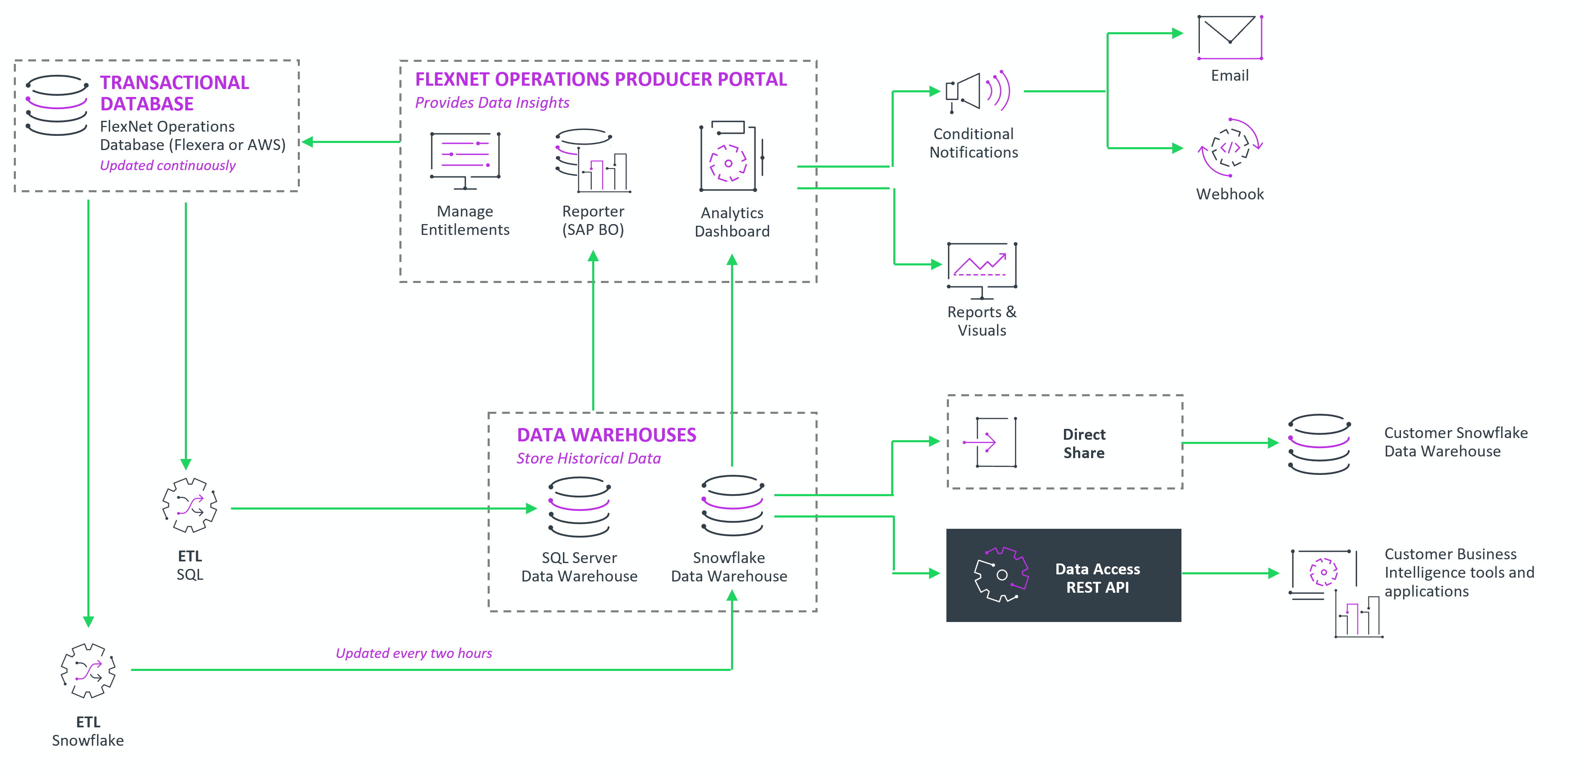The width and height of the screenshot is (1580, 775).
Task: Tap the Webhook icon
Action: [x=1230, y=148]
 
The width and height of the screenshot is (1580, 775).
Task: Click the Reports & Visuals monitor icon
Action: [x=982, y=269]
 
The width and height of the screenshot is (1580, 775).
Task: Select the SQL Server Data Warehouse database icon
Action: [x=579, y=507]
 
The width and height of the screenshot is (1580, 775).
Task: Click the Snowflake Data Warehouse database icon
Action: [x=732, y=506]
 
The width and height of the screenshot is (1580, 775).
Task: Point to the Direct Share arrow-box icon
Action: [x=991, y=442]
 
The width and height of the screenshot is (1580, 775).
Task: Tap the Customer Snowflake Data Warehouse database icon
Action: [x=1319, y=444]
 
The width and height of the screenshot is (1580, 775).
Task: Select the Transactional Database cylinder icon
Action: [x=57, y=105]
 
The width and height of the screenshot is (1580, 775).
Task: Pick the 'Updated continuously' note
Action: [x=167, y=166]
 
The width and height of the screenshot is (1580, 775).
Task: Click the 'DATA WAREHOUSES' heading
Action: [x=606, y=435]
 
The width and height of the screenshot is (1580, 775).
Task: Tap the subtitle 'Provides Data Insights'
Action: [x=492, y=102]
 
